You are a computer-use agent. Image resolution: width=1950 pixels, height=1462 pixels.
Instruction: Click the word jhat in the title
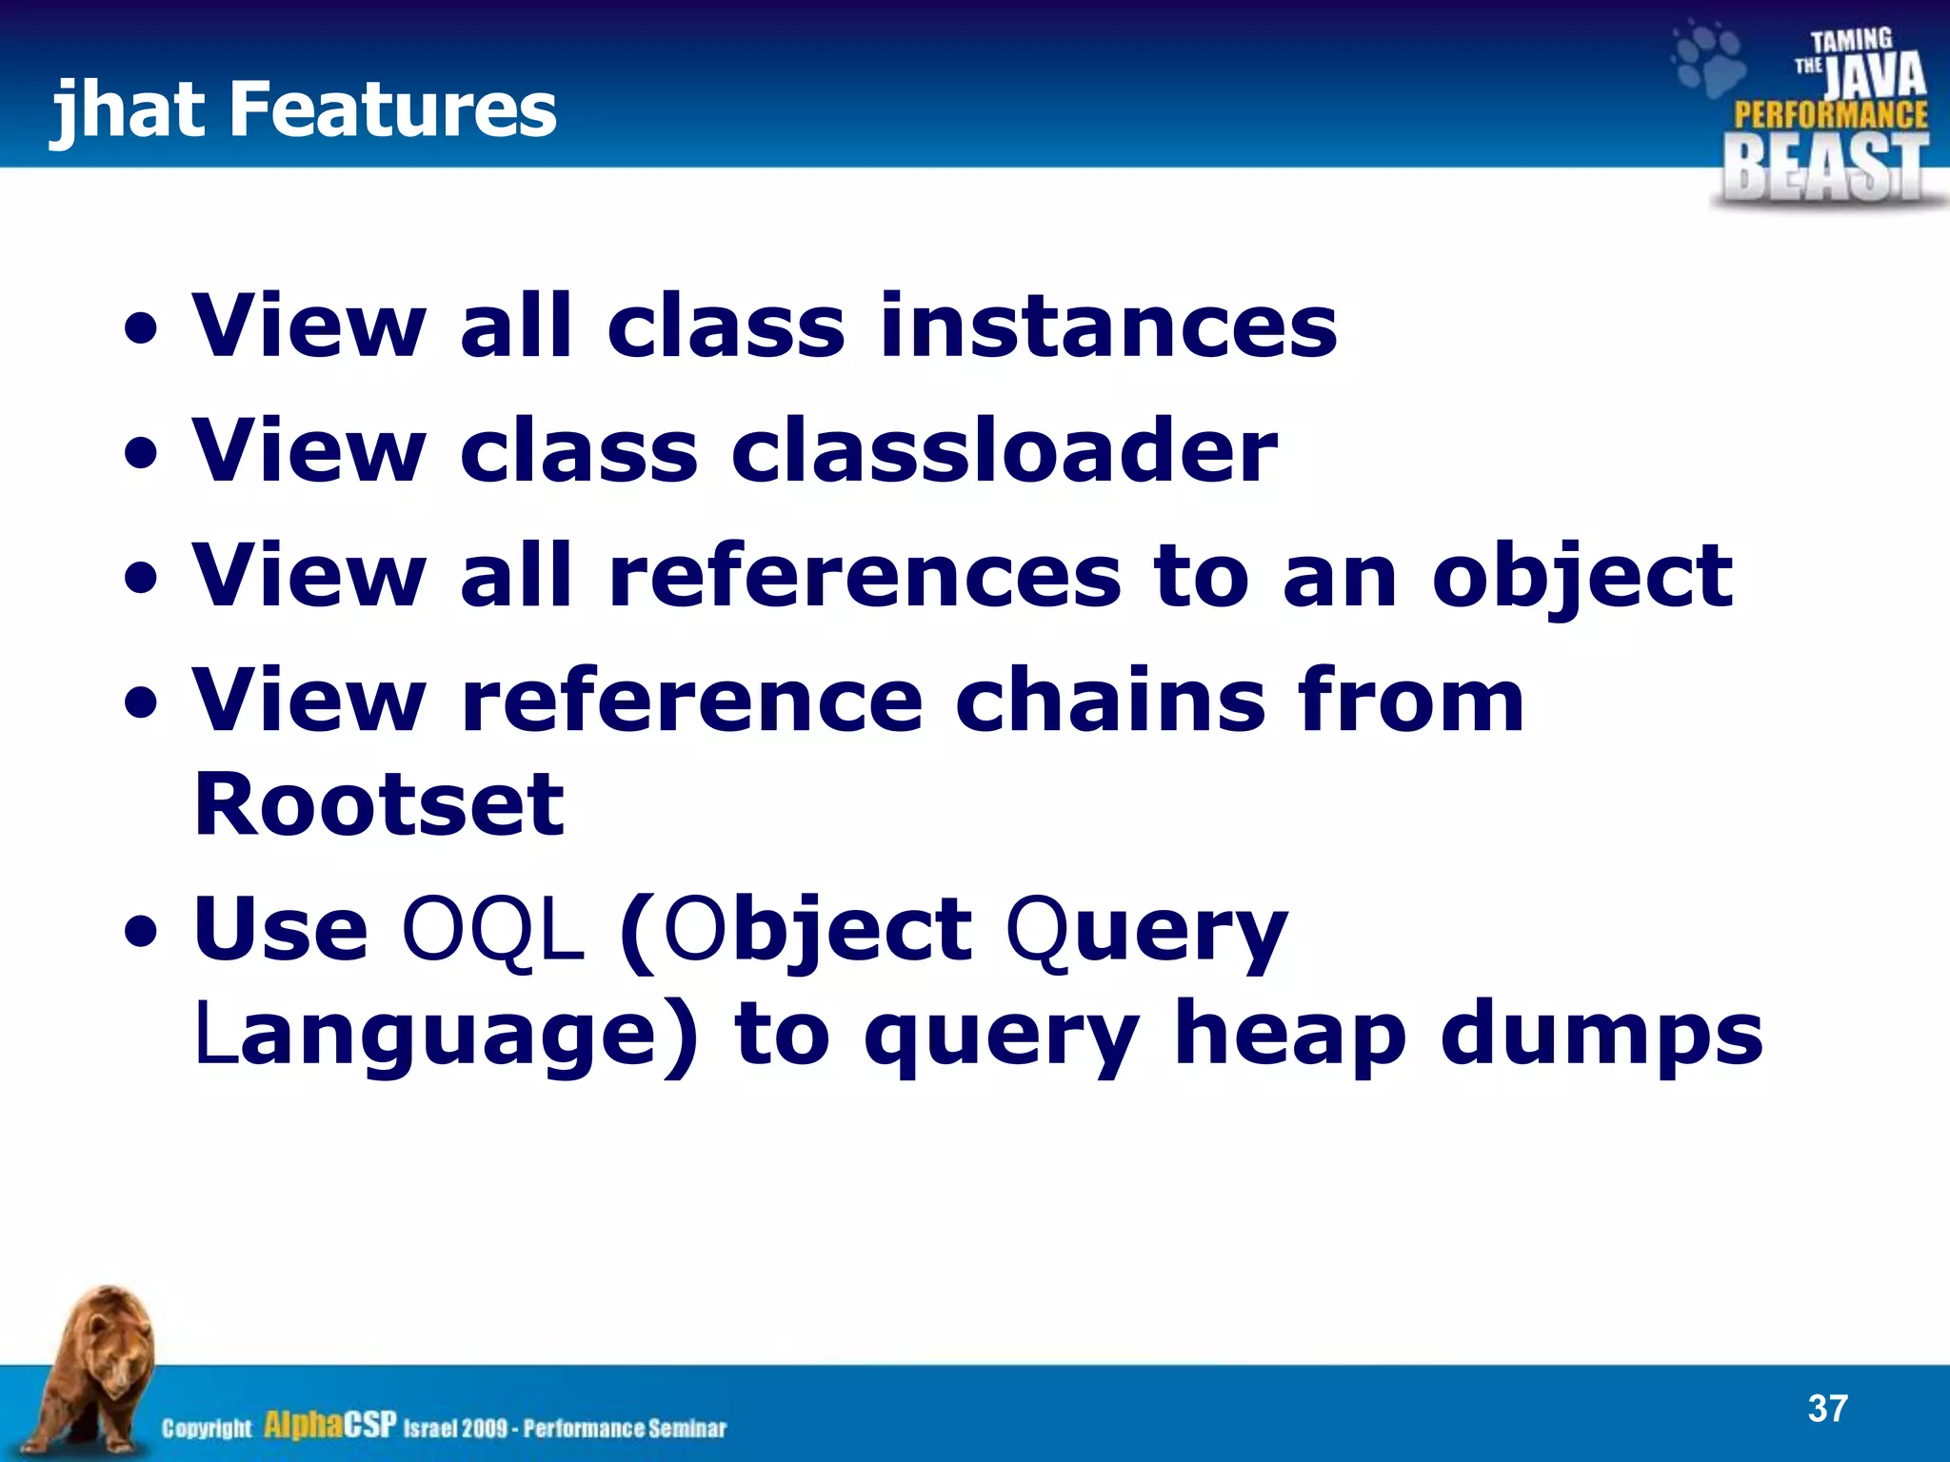point(129,109)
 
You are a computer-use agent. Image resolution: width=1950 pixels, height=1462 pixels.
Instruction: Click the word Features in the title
point(392,109)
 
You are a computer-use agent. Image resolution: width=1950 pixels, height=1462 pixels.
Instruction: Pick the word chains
point(1109,701)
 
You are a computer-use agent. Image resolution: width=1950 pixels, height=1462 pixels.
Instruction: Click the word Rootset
point(379,805)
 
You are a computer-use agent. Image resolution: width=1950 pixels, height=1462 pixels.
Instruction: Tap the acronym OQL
point(492,930)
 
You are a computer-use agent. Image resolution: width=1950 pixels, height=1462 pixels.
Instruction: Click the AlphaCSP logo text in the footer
point(329,1425)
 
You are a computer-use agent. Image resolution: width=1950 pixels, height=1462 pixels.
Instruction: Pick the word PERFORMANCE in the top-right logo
point(1830,116)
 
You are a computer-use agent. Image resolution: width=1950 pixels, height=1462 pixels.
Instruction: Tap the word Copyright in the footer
point(207,1428)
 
